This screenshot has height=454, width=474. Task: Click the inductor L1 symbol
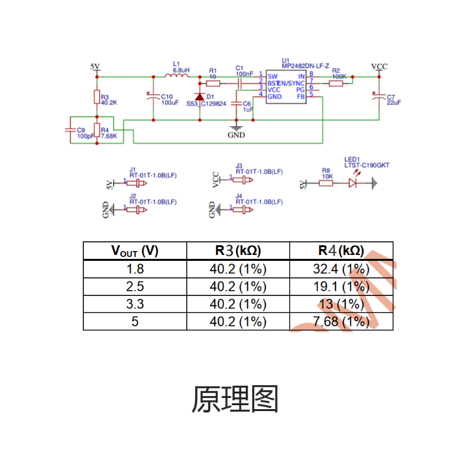[176, 75]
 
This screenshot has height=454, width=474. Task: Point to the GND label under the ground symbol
[236, 135]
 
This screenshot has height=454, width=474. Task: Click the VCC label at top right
[379, 66]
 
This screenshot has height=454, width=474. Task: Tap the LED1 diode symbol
[353, 183]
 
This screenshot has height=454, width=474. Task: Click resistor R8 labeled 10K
[326, 183]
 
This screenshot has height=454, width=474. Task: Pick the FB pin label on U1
[300, 96]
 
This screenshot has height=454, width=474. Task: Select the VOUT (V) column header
[135, 251]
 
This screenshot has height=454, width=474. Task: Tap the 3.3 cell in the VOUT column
[135, 304]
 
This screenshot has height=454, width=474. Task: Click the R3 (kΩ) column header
[238, 251]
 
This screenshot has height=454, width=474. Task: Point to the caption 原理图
[235, 399]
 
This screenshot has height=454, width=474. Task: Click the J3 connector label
[239, 166]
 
